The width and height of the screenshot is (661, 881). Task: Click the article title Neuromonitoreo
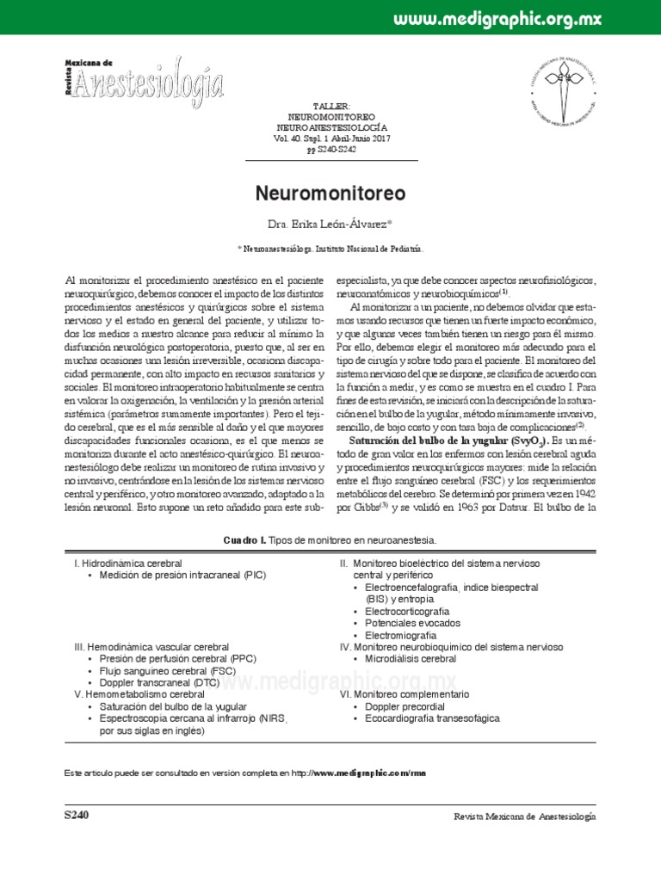point(330,191)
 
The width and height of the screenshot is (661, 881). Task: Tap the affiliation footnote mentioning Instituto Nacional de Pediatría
point(330,247)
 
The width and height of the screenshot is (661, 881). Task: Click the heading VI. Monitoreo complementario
point(405,693)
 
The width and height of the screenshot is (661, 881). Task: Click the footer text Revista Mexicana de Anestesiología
point(524,816)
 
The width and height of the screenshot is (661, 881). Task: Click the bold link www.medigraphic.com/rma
point(371,773)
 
